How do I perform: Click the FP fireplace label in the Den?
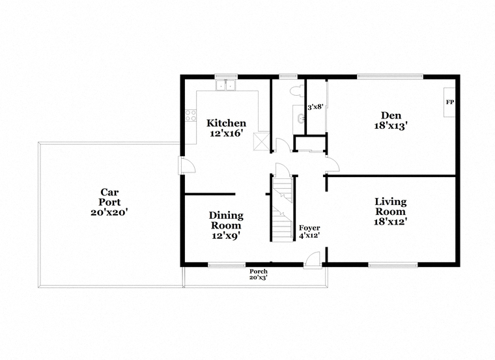[x=450, y=102]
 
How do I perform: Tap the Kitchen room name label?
[x=226, y=123]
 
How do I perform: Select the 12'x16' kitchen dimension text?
[x=226, y=133]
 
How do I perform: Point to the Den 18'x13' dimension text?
[x=391, y=126]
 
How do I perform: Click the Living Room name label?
[x=391, y=206]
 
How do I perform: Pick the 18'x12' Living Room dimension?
[x=390, y=222]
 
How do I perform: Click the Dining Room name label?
[x=226, y=220]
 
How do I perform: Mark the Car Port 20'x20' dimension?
[x=109, y=213]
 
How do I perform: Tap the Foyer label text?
[x=309, y=228]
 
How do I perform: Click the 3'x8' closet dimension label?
[x=316, y=107]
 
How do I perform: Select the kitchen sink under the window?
[x=226, y=85]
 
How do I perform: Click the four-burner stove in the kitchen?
[x=191, y=115]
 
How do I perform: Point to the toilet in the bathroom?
[x=296, y=90]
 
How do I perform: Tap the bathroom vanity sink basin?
[x=300, y=118]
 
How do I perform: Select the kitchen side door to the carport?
[x=187, y=165]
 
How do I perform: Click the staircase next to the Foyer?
[x=283, y=208]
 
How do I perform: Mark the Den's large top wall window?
[x=390, y=76]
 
